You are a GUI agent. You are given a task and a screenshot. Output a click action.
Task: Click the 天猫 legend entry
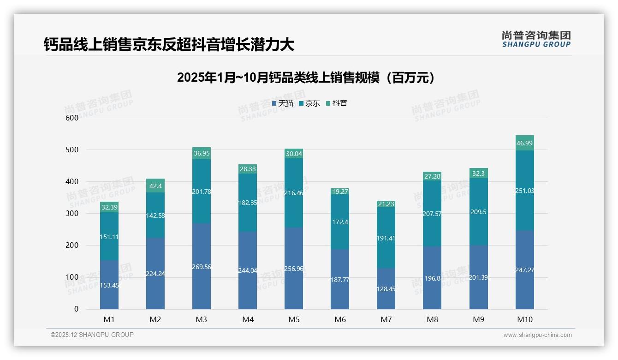click(283, 103)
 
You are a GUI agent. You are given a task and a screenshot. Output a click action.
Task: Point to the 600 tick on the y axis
click(72, 118)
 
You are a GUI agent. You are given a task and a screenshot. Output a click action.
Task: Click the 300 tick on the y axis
click(72, 213)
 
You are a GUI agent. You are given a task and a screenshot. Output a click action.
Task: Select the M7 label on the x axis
click(386, 319)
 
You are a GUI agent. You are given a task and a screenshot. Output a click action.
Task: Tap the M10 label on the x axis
click(524, 319)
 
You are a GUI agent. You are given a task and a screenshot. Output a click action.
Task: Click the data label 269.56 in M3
click(202, 267)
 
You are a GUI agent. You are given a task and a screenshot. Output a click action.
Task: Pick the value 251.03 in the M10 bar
click(524, 191)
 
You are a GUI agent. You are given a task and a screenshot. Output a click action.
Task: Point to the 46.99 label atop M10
click(524, 143)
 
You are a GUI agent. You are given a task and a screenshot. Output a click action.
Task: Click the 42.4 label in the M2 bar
click(155, 186)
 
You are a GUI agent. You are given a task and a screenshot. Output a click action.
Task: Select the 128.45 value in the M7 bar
click(386, 289)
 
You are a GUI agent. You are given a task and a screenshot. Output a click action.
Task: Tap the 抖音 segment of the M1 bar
click(109, 207)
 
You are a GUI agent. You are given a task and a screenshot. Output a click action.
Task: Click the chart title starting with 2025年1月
click(306, 78)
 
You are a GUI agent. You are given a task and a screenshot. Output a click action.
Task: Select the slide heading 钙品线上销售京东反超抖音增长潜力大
click(169, 45)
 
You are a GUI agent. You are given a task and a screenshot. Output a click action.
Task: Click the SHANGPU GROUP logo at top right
click(536, 39)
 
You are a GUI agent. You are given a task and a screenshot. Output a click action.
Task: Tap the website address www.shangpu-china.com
click(537, 335)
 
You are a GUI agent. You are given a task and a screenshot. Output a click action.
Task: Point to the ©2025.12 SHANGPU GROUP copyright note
click(92, 335)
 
